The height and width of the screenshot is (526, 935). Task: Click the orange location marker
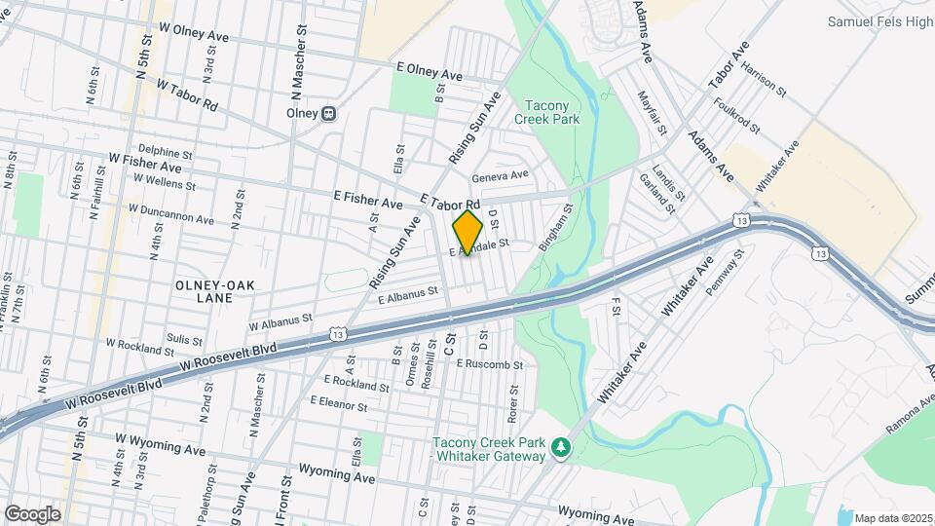click(467, 233)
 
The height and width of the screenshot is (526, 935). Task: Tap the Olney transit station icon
click(329, 113)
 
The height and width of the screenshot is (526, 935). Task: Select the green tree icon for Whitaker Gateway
click(560, 448)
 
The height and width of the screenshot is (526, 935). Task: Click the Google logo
click(32, 513)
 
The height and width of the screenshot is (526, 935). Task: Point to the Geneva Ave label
click(500, 176)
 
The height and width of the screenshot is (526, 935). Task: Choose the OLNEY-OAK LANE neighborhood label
click(205, 290)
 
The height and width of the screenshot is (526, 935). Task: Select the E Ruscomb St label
click(490, 365)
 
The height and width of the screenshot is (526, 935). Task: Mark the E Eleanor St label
click(339, 401)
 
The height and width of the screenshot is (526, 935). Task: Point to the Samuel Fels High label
click(879, 20)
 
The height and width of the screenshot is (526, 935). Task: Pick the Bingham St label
click(553, 227)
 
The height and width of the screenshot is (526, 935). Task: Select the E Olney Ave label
click(430, 73)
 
